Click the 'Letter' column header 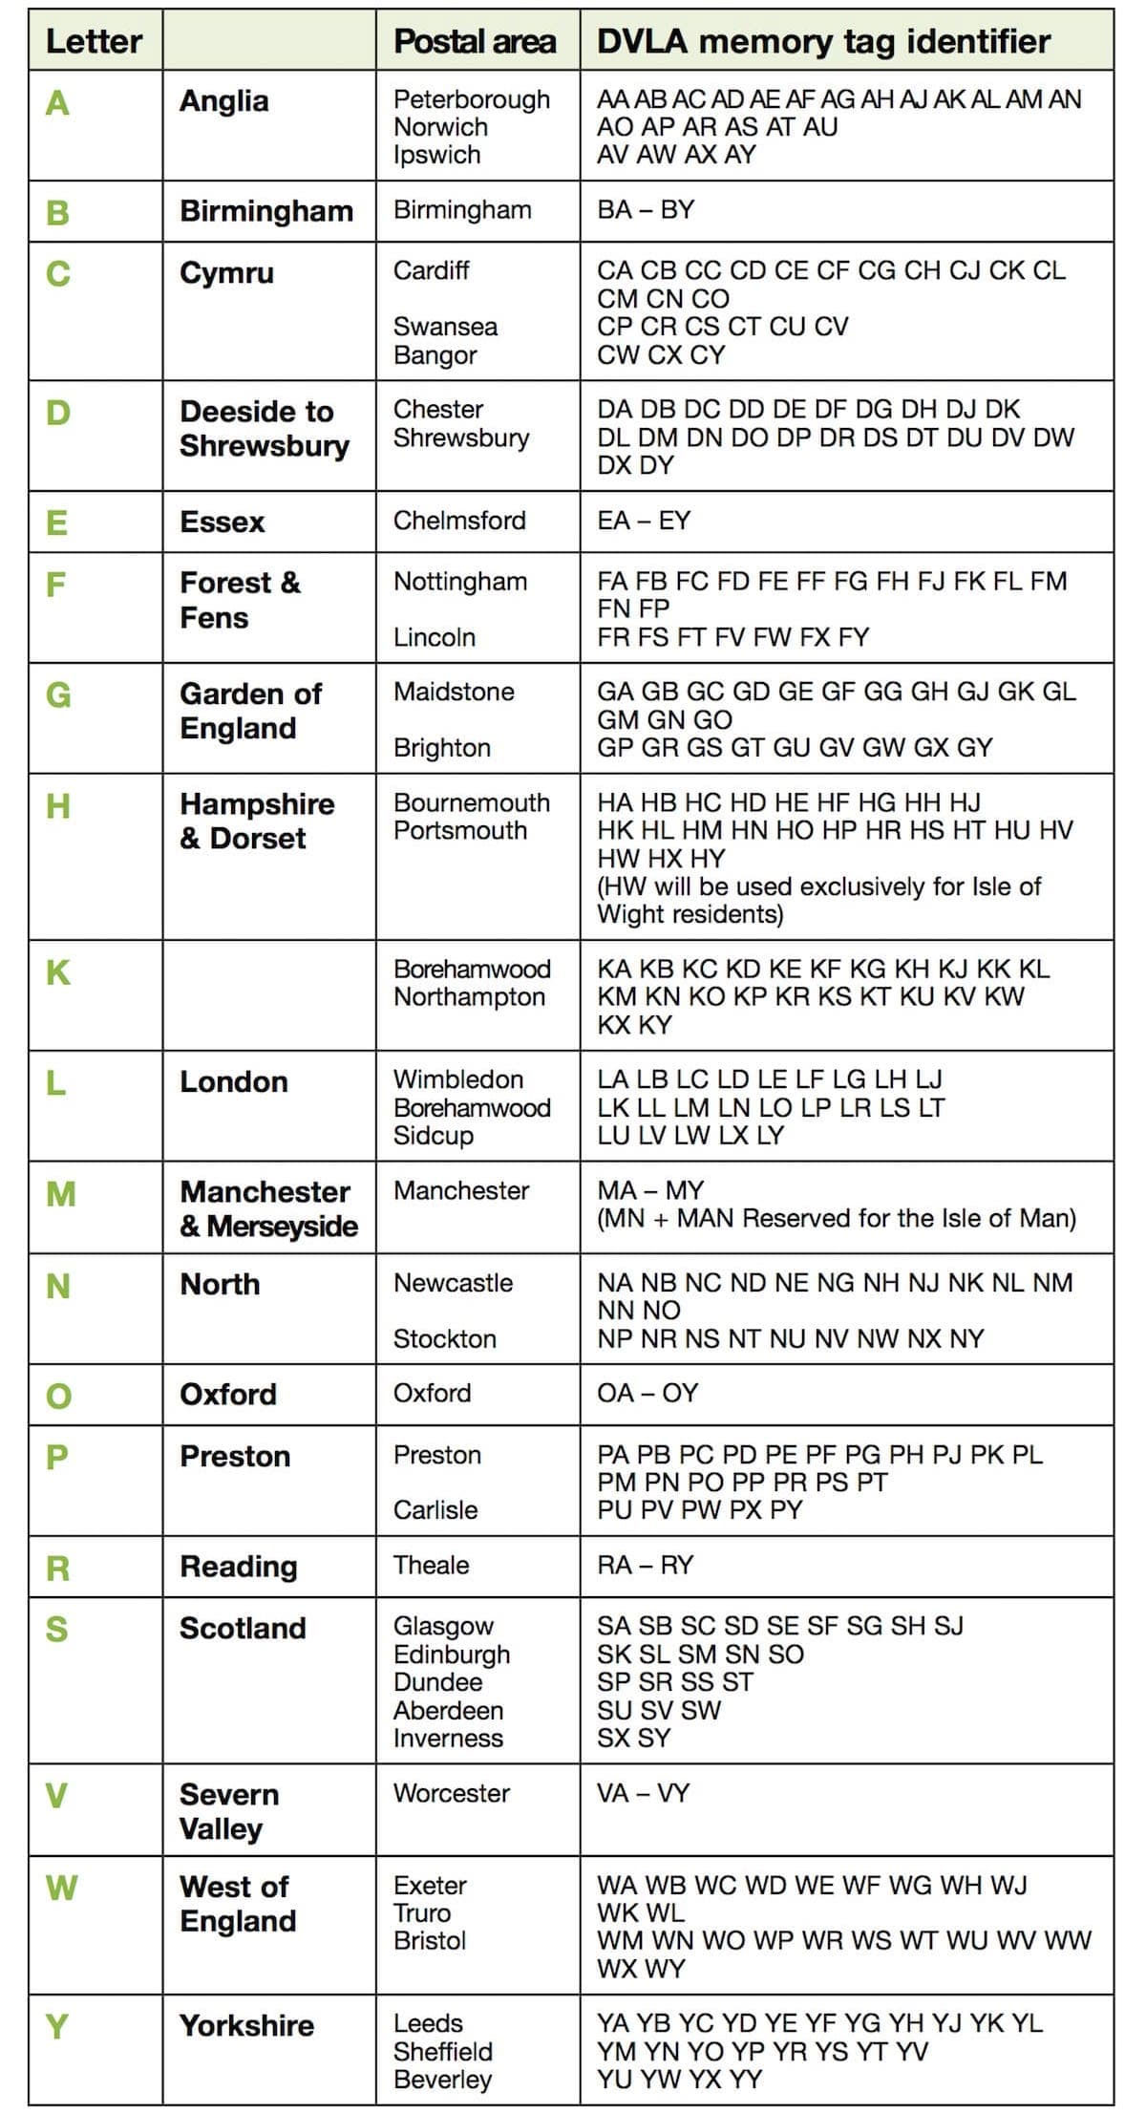[x=94, y=41]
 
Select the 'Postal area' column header [x=475, y=41]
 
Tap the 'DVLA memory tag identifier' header [x=823, y=41]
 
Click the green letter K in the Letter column [x=58, y=972]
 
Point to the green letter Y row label [x=57, y=2025]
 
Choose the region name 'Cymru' [x=226, y=272]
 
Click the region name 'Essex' [x=223, y=522]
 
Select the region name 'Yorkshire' [x=246, y=2025]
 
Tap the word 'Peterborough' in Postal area [x=472, y=99]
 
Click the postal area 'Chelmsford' [x=459, y=521]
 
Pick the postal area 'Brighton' [x=442, y=747]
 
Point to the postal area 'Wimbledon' [x=458, y=1079]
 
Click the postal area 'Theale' [x=432, y=1565]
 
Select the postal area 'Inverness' [x=448, y=1738]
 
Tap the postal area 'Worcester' [x=452, y=1793]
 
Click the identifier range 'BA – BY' [x=646, y=209]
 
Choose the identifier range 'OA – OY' [x=647, y=1393]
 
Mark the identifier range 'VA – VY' [x=643, y=1793]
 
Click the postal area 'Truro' [x=422, y=1912]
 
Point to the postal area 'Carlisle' [x=435, y=1509]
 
